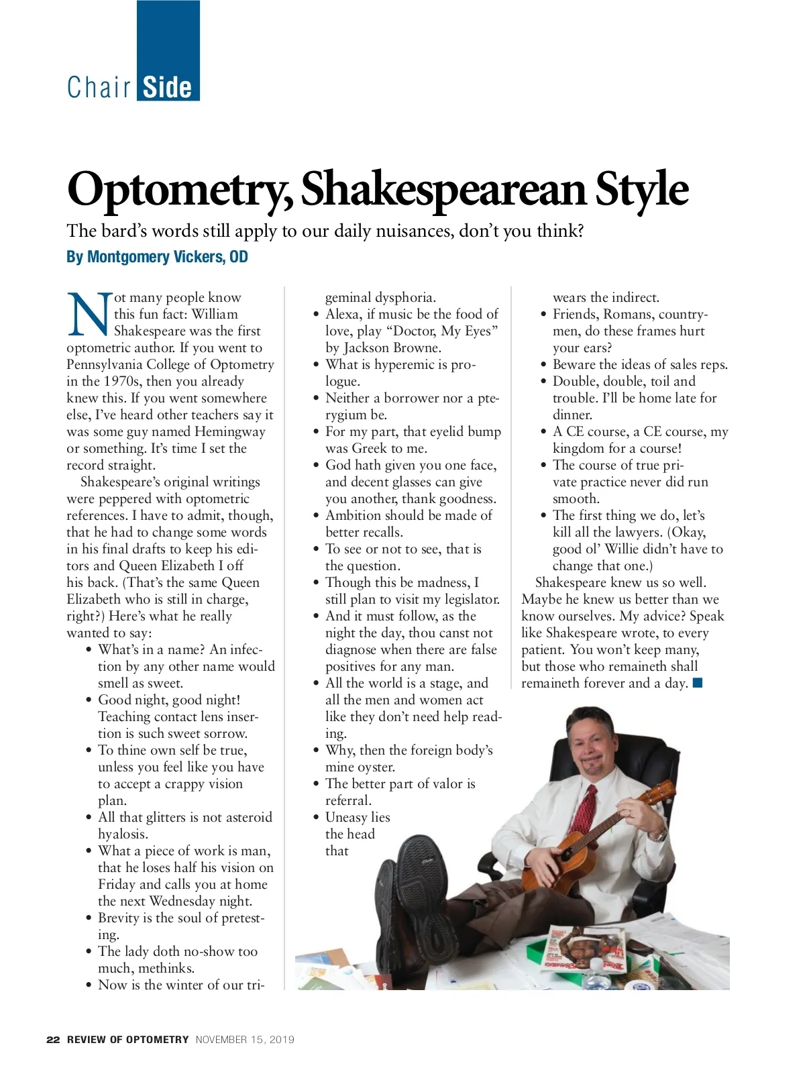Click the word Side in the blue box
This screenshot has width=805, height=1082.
168,87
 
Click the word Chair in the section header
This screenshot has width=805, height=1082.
99,87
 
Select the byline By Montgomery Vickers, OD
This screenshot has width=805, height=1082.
157,257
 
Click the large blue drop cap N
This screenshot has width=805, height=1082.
88,314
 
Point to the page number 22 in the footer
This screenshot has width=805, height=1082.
53,1040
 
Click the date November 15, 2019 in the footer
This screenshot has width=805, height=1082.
245,1040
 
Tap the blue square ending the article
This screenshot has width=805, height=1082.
698,683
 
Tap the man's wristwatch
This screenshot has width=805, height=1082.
660,835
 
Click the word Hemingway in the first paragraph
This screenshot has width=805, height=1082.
229,431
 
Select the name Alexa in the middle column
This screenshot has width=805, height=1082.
343,314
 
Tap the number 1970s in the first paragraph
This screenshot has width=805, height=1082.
123,381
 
